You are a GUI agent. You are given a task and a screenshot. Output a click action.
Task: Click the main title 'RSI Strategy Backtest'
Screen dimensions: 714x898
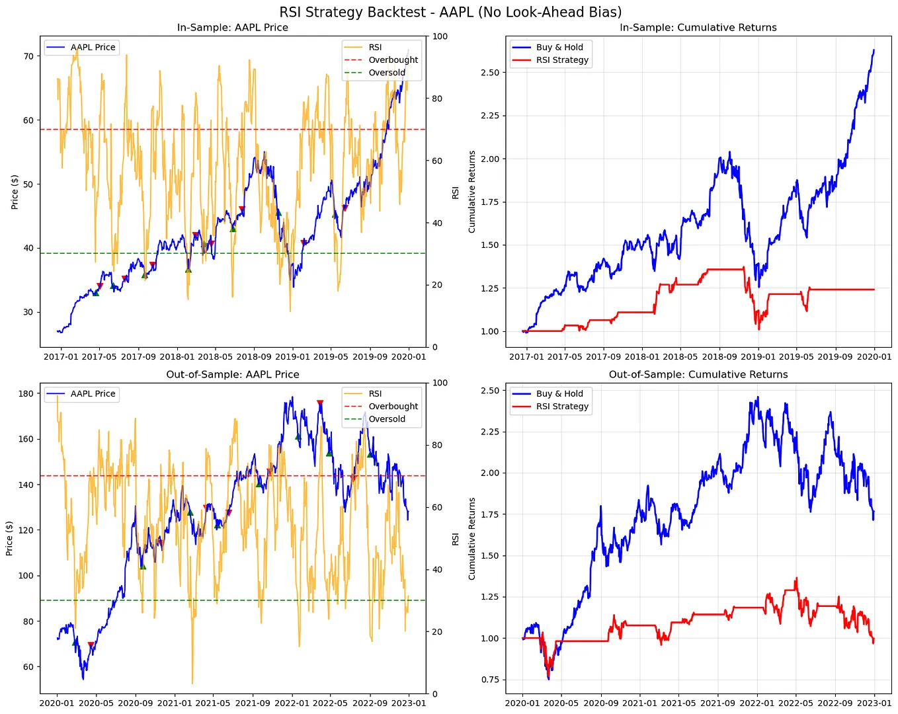450,12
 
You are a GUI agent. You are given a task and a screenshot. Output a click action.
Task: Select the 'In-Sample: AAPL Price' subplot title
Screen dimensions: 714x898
232,28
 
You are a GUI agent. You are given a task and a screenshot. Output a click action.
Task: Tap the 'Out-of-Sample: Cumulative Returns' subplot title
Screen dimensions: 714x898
698,374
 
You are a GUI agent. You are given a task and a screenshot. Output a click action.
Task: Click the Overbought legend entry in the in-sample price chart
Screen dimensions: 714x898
393,60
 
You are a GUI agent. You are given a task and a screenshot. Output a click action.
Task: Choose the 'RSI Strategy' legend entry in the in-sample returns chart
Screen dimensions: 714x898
561,60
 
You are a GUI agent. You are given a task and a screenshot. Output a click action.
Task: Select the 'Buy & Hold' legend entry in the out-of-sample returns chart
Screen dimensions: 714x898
559,393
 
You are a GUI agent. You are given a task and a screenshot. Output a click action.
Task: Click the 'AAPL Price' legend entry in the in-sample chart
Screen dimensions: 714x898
93,48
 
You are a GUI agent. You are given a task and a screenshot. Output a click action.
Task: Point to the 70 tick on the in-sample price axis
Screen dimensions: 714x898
28,56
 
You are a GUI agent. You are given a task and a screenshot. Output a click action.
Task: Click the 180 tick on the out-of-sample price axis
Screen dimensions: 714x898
26,394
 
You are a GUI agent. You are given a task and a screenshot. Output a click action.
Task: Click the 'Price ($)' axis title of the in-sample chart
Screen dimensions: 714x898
15,192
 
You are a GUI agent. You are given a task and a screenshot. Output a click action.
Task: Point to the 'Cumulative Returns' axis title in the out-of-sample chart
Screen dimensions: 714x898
471,539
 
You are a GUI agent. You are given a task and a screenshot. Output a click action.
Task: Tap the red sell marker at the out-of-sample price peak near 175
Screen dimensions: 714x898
320,403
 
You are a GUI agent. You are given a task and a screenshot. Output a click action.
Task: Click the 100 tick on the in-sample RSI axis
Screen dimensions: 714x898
440,36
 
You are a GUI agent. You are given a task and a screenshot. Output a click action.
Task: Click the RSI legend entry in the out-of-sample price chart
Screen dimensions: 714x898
375,394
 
